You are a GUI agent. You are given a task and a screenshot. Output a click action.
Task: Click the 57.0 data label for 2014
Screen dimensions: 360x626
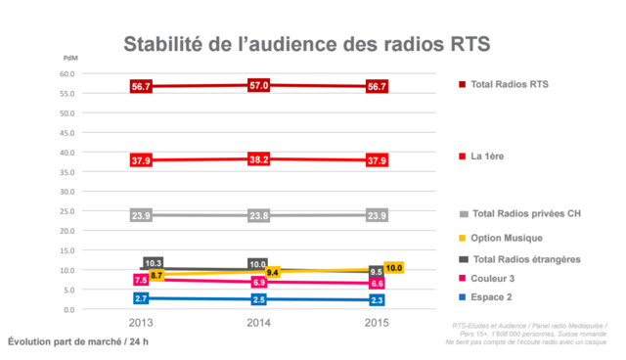[258, 86]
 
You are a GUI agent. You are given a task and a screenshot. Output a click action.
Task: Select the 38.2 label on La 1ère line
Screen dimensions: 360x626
[258, 158]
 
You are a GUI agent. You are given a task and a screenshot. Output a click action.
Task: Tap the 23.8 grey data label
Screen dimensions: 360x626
[258, 215]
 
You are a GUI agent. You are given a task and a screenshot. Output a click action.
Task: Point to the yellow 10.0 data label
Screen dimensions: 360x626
[395, 268]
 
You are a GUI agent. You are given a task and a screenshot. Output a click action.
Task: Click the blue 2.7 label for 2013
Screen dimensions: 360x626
[141, 298]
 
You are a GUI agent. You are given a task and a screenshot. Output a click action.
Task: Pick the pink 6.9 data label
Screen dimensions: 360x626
[258, 282]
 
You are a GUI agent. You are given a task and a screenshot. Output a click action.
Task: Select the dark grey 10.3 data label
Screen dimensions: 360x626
[153, 263]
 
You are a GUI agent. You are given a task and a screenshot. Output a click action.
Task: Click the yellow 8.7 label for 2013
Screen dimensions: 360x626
[156, 277]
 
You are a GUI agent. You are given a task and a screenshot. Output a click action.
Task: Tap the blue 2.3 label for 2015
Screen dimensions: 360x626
[376, 300]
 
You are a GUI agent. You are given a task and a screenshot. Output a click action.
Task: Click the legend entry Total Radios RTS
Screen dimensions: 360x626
[509, 85]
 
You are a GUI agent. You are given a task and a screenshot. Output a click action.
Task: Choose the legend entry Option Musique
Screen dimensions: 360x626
[506, 238]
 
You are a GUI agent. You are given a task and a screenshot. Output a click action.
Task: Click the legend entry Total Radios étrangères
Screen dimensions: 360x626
[525, 257]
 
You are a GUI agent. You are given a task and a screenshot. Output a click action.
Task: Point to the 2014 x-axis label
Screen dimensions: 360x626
[258, 323]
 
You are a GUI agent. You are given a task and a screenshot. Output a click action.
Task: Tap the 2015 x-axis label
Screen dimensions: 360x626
[376, 323]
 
